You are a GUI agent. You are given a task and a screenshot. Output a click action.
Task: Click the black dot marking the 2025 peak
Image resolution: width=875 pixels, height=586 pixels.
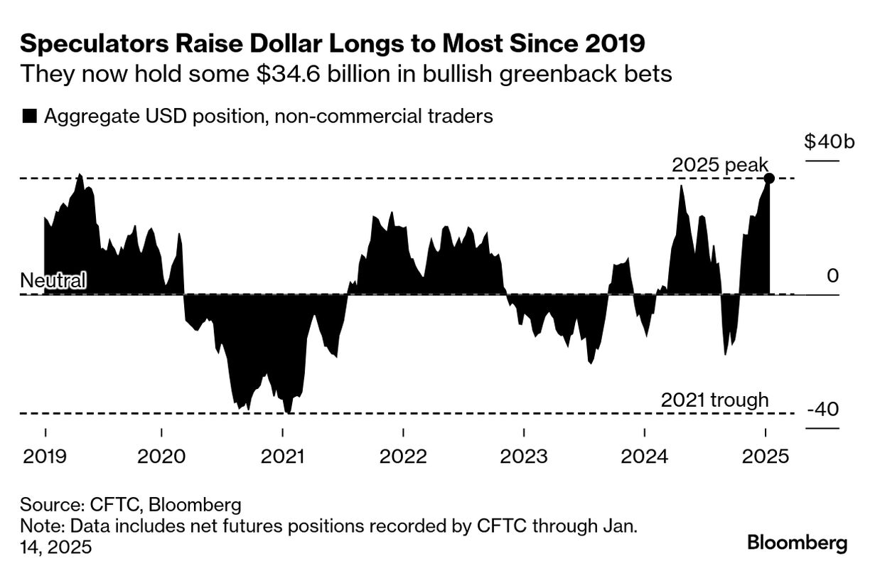click(768, 178)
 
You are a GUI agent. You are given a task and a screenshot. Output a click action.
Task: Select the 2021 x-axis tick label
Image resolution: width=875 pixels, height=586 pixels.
click(283, 456)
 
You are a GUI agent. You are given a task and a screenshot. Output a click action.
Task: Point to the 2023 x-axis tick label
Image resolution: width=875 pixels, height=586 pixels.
click(524, 456)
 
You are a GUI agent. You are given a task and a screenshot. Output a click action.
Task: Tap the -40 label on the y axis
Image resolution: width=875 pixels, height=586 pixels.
click(823, 410)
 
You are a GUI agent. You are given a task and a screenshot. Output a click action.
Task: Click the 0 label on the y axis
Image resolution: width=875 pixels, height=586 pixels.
click(832, 276)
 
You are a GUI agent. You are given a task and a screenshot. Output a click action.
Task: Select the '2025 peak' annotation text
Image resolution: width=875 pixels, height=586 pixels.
click(719, 166)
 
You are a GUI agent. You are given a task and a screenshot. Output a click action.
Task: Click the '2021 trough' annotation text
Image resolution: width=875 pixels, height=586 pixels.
click(714, 400)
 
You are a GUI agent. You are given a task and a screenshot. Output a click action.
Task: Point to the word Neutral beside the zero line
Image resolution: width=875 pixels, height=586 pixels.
click(53, 280)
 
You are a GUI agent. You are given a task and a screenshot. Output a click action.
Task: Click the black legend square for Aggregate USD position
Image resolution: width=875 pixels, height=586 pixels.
click(29, 117)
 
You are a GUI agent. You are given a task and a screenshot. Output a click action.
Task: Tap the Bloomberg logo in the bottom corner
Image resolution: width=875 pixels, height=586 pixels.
click(797, 543)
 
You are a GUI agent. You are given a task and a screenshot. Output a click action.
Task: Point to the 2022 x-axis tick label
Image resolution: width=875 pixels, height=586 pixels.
click(403, 456)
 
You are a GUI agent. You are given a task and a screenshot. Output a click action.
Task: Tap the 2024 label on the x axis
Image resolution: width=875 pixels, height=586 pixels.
click(644, 456)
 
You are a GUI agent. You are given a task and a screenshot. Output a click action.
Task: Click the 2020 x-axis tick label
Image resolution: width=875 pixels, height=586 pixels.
click(162, 456)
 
